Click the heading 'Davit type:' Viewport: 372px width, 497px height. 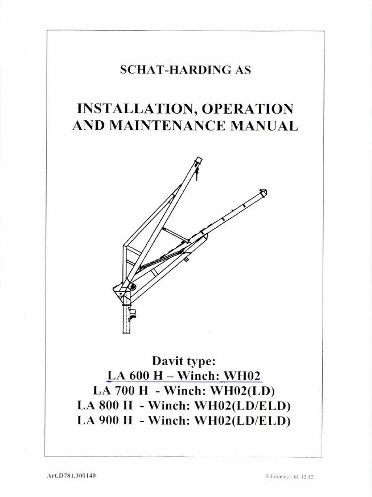coord(186,361)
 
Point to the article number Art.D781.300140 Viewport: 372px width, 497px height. coord(73,476)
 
